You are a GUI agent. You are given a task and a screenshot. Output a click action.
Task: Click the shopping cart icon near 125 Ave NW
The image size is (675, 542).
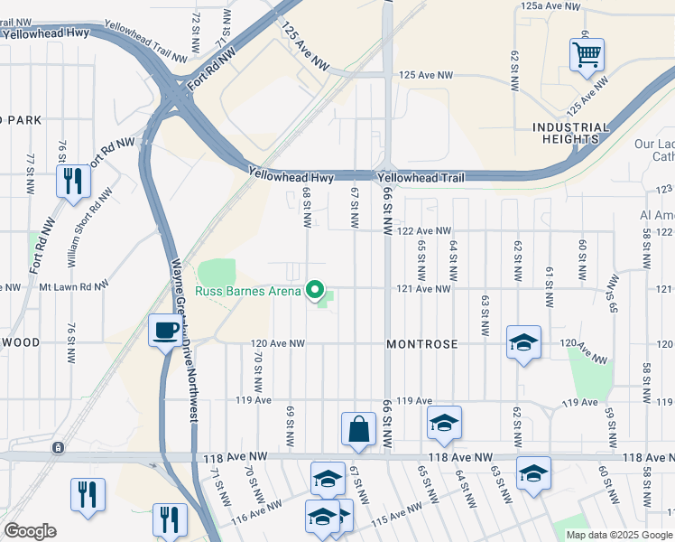point(587,56)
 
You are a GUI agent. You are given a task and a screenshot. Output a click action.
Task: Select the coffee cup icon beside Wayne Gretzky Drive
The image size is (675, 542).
point(166,331)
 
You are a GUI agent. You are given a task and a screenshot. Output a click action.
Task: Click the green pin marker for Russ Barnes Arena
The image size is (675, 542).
point(315,290)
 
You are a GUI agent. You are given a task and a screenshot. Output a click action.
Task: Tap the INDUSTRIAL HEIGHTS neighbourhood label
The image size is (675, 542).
point(565,133)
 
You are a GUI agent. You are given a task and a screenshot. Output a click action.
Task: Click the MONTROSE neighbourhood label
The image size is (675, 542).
point(422,344)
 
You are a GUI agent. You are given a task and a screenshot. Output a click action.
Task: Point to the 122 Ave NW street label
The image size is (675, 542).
point(424,231)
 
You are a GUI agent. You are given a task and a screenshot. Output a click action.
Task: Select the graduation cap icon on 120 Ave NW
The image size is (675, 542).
point(523,342)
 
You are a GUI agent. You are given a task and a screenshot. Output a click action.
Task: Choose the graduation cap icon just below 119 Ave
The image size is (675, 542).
point(444,423)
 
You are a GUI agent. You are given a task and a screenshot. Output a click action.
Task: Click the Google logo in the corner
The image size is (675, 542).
point(30,531)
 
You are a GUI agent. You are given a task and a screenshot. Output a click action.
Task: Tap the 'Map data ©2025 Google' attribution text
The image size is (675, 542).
point(619,534)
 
